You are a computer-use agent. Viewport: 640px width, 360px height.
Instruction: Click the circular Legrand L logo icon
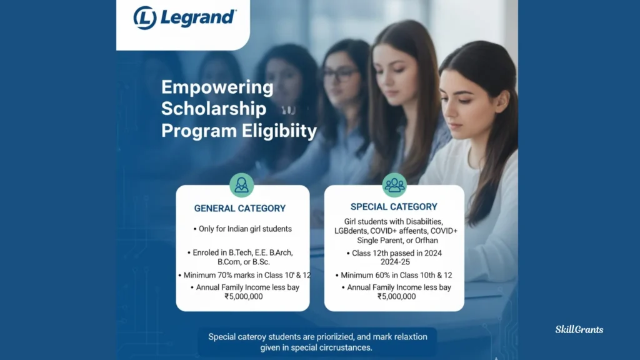tap(145, 18)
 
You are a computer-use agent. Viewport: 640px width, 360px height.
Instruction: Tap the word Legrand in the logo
tap(198, 17)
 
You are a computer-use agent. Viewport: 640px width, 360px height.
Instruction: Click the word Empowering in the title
tap(217, 87)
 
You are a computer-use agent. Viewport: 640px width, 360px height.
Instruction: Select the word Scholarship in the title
tap(214, 109)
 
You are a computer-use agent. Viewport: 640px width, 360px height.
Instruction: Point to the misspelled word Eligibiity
tap(279, 131)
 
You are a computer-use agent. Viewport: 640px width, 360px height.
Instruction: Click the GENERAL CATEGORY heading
tap(240, 209)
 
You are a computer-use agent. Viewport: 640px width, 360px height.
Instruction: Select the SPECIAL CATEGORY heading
tap(394, 207)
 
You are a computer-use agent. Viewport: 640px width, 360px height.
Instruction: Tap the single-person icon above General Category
tap(242, 185)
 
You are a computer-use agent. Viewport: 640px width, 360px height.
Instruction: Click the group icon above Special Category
tap(394, 185)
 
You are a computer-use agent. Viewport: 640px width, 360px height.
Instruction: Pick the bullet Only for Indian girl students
tap(243, 229)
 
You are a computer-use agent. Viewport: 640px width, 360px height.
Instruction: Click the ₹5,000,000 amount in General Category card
tap(244, 297)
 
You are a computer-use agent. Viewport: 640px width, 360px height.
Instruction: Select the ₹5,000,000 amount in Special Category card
tap(397, 297)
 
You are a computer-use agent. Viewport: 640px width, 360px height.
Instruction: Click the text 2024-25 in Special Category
tap(395, 262)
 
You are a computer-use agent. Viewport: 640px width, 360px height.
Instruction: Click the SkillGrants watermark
tap(579, 330)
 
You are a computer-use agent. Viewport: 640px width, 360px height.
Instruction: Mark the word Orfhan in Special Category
tap(426, 241)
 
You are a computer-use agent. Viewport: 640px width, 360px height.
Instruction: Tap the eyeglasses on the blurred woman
tap(340, 74)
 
